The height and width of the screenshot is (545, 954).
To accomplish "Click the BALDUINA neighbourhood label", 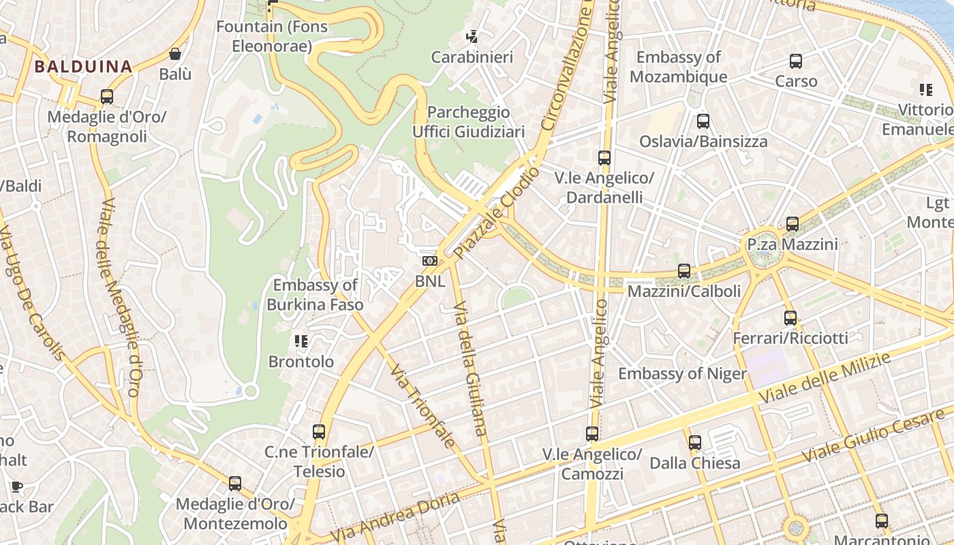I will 82,67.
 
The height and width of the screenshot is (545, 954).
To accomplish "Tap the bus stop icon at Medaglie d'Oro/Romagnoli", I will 107,97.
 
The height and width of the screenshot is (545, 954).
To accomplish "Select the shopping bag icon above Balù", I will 175,53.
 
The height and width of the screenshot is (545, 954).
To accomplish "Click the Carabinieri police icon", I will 472,36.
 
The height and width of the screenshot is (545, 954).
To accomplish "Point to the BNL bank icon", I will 429,260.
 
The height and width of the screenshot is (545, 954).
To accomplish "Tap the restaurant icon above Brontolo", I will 301,341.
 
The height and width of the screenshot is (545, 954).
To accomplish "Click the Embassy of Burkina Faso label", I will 315,295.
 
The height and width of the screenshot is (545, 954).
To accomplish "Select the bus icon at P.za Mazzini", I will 792,223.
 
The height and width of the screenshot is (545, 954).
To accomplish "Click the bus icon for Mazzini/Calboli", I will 684,271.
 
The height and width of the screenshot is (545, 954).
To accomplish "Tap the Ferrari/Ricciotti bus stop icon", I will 790,317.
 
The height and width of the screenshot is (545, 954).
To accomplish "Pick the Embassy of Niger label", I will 682,373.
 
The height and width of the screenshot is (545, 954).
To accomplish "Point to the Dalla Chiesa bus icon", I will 695,443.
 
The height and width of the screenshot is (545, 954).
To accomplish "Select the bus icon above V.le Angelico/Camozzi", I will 592,434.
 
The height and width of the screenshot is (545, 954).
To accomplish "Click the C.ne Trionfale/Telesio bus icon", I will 319,431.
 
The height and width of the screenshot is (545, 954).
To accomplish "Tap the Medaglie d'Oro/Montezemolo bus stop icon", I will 235,484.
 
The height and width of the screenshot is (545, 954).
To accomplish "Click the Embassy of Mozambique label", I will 678,67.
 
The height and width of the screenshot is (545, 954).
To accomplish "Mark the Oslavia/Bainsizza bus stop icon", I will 703,121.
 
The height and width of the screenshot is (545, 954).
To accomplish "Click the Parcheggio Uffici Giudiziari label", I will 469,121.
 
